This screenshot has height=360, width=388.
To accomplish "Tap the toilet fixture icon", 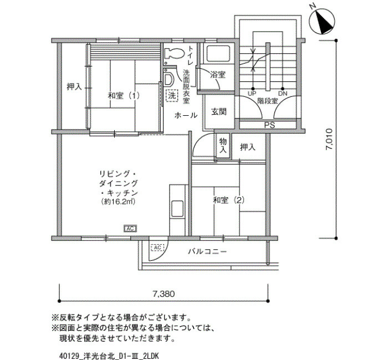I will click(x=173, y=54).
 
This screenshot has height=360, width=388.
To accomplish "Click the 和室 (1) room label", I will click(x=124, y=95).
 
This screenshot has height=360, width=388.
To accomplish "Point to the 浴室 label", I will click(x=218, y=74).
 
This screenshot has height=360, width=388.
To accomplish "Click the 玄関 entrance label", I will click(x=218, y=111).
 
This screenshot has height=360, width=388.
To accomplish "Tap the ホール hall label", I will click(x=185, y=115).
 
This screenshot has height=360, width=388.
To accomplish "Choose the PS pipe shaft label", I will click(x=269, y=125).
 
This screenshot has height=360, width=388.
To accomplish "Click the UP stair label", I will click(x=252, y=94).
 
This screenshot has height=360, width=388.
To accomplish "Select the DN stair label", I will click(x=283, y=94).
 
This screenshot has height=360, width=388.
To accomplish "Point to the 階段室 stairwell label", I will click(x=268, y=101).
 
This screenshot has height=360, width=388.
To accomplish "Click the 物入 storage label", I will click(x=223, y=146).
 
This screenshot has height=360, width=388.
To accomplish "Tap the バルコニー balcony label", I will click(x=207, y=251).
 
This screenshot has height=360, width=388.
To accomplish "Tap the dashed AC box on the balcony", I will click(x=157, y=247).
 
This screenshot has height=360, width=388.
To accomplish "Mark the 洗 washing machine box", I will click(x=172, y=95).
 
